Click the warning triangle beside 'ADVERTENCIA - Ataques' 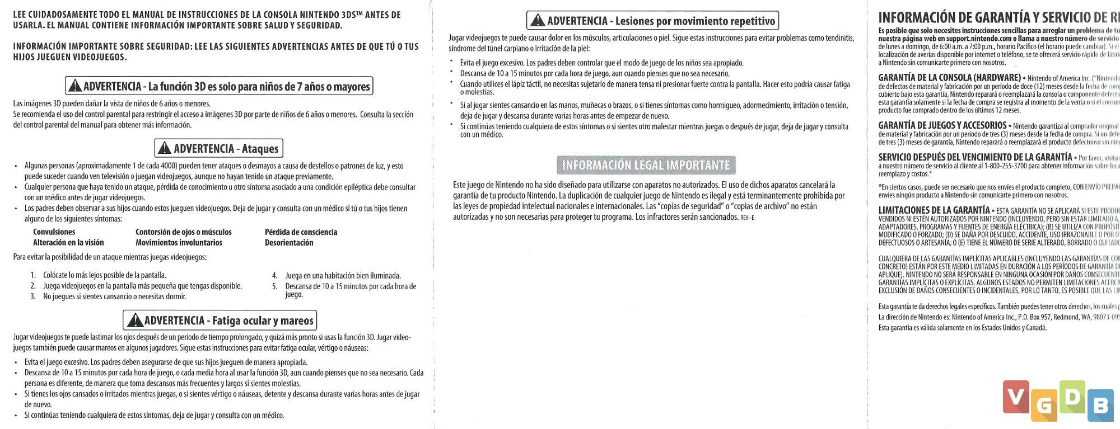click(164, 148)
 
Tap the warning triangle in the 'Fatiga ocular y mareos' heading click(135, 320)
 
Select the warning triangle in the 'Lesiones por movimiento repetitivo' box click(538, 21)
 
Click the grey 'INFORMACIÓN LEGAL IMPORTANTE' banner click(646, 165)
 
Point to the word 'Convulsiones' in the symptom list click(54, 232)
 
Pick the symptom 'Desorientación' click(289, 243)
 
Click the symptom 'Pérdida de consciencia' click(301, 232)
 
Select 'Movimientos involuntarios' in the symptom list click(179, 243)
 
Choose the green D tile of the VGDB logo click(1072, 397)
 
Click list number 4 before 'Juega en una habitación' click(274, 276)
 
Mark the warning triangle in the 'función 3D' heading click(74, 86)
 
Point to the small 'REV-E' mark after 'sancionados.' click(747, 218)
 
